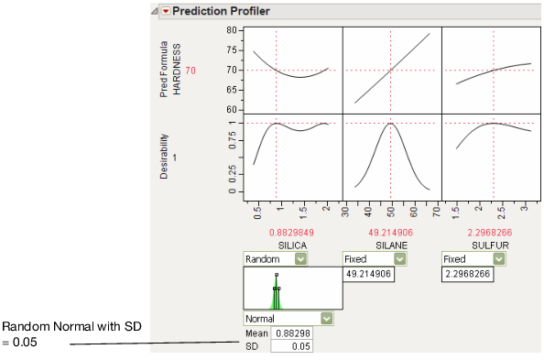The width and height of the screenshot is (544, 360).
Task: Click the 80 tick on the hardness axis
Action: [x=206, y=30]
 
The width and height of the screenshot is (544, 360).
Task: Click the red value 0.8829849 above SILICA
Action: [x=276, y=233]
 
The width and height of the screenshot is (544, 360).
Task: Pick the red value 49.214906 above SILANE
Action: [x=375, y=233]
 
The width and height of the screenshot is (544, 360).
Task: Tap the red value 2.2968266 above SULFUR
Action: [x=473, y=233]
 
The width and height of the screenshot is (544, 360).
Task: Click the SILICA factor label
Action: [x=276, y=246]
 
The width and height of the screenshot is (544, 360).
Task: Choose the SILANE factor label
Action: [x=375, y=246]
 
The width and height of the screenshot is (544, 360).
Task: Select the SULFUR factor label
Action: [x=473, y=246]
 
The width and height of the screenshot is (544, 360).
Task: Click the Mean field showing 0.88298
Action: [x=291, y=333]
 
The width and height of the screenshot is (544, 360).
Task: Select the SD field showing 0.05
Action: [x=291, y=346]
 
